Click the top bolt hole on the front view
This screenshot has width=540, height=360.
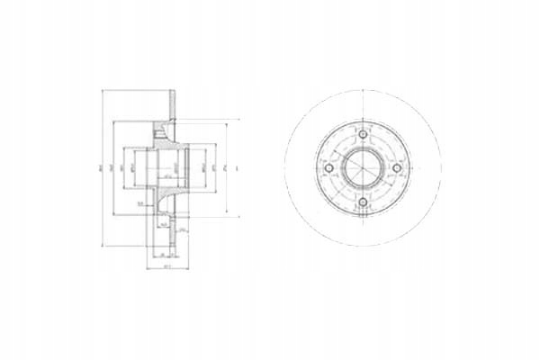point(363,135)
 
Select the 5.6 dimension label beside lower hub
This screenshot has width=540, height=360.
point(141,204)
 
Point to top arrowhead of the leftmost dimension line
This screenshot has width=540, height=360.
point(103,90)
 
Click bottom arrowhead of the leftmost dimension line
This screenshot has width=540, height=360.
point(103,245)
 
